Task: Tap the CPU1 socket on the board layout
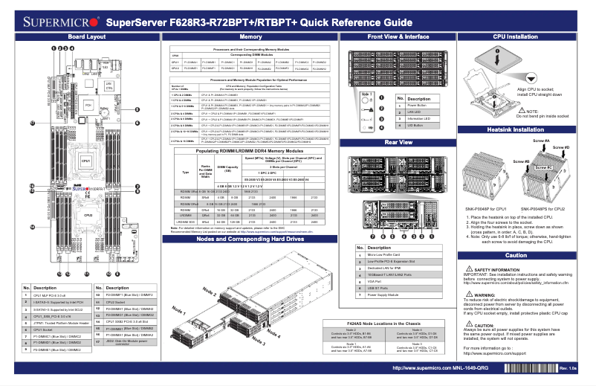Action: point(85,161)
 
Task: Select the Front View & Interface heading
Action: point(398,36)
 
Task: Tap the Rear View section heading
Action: point(398,141)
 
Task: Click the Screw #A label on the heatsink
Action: point(541,141)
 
